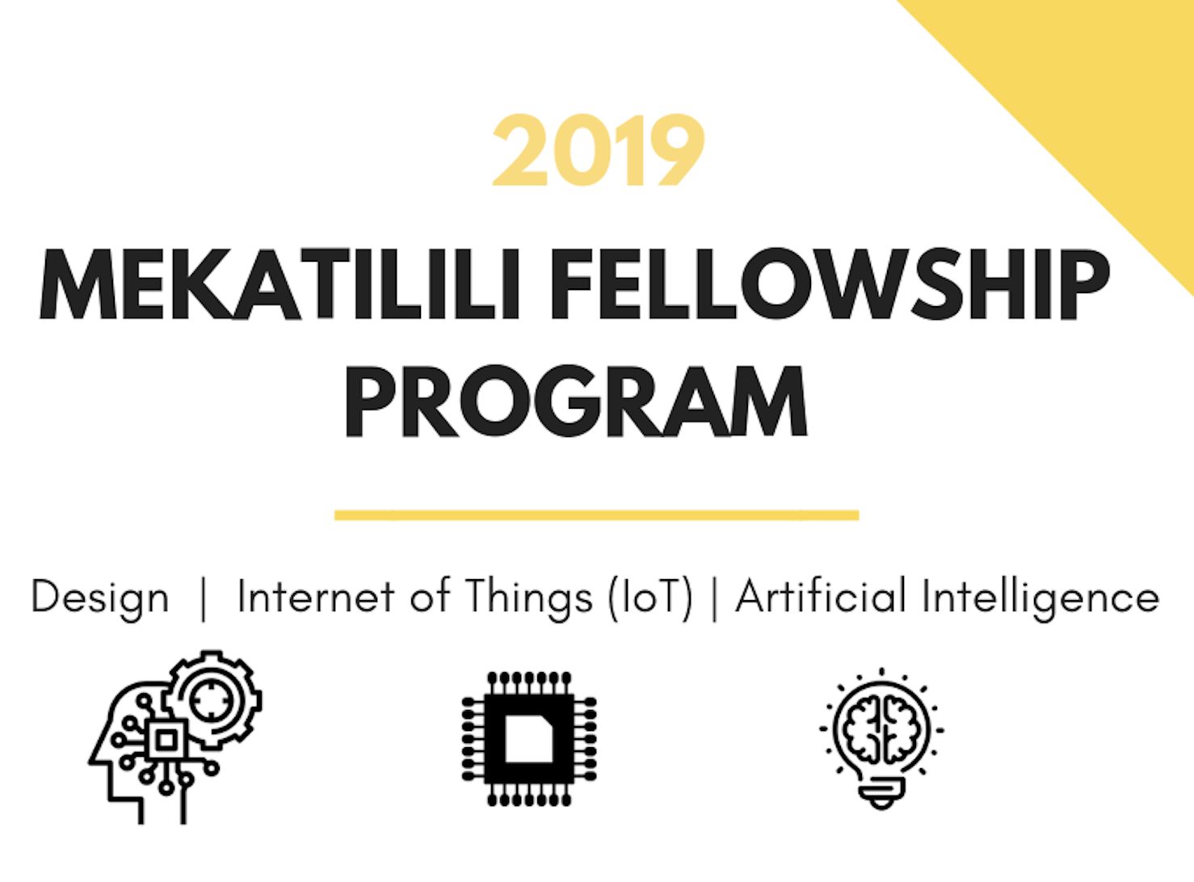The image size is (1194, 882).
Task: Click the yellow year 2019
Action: coord(599,149)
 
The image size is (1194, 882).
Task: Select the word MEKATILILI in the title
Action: coord(280,283)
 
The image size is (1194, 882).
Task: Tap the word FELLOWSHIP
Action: coord(830,283)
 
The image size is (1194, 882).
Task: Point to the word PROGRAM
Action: coord(576,401)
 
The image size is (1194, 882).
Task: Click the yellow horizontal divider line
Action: coord(596,515)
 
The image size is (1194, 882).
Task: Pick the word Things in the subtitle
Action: coord(529,599)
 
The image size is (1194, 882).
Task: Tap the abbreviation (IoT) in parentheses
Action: coord(650,598)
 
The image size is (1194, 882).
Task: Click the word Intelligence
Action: coord(1041,598)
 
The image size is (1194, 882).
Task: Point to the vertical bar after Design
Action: coord(204,599)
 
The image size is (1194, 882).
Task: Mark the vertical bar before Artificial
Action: coord(714,599)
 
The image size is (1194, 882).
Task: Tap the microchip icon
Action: coord(529,739)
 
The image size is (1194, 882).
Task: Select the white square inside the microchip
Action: coord(529,739)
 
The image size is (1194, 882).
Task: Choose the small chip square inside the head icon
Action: coord(166,741)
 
